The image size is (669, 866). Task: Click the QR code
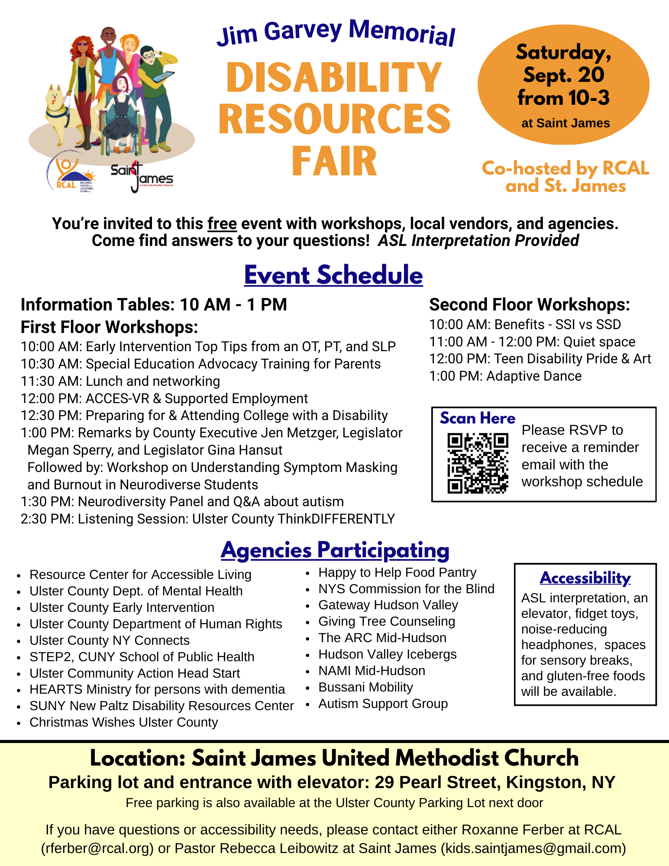(478, 463)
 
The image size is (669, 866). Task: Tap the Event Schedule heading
(333, 275)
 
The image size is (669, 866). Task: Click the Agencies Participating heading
(335, 550)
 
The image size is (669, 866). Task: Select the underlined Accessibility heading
(585, 578)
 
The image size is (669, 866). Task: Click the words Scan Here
(478, 418)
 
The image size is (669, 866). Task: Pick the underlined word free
(222, 224)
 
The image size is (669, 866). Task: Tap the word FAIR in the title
(334, 162)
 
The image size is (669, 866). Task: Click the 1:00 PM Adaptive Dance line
(505, 376)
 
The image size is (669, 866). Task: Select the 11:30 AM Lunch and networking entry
(120, 381)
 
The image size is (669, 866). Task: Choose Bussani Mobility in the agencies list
(365, 687)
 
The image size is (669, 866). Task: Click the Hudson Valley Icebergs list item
(387, 654)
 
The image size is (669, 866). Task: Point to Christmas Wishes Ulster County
(123, 722)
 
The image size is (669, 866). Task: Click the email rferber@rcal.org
(97, 848)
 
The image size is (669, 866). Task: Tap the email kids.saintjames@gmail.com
(533, 848)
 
